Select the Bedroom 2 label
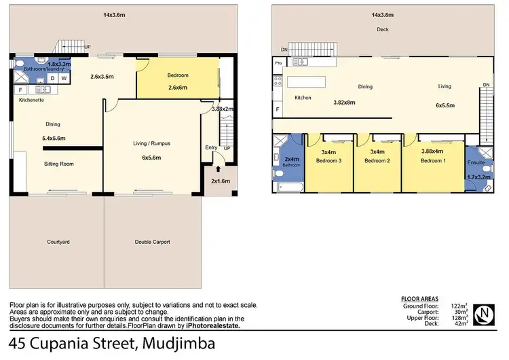(x=377, y=161)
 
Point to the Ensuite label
(x=476, y=163)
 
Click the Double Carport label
(x=153, y=242)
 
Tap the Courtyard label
(x=58, y=242)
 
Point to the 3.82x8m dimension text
(x=345, y=103)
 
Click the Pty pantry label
(x=279, y=62)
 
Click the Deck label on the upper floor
(x=383, y=29)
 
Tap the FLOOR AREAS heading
(x=419, y=299)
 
